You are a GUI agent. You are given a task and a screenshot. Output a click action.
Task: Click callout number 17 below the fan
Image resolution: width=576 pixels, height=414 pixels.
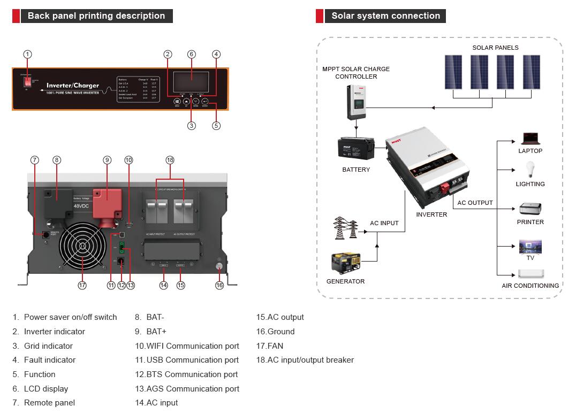(82, 285)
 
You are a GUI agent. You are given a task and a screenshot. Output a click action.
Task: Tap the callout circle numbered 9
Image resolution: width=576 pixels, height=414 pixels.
(107, 160)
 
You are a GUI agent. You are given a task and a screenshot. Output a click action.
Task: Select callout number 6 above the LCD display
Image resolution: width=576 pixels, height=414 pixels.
(192, 54)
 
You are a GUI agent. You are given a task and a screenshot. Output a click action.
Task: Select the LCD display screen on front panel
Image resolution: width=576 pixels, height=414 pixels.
(191, 82)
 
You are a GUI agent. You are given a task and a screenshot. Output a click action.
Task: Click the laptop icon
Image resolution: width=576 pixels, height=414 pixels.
(530, 139)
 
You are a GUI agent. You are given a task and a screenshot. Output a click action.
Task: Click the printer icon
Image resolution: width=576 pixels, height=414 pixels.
(530, 209)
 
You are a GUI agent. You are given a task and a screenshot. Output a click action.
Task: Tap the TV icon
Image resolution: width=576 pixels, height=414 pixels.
(530, 247)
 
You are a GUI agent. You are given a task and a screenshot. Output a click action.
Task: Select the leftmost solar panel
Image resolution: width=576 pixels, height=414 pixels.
(453, 72)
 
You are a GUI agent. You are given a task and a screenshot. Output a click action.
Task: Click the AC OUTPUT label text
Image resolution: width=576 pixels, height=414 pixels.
(475, 203)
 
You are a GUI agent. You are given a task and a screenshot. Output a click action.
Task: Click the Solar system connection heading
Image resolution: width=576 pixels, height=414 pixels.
(385, 16)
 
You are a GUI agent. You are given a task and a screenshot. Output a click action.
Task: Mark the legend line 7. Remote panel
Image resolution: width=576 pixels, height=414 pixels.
(44, 403)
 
